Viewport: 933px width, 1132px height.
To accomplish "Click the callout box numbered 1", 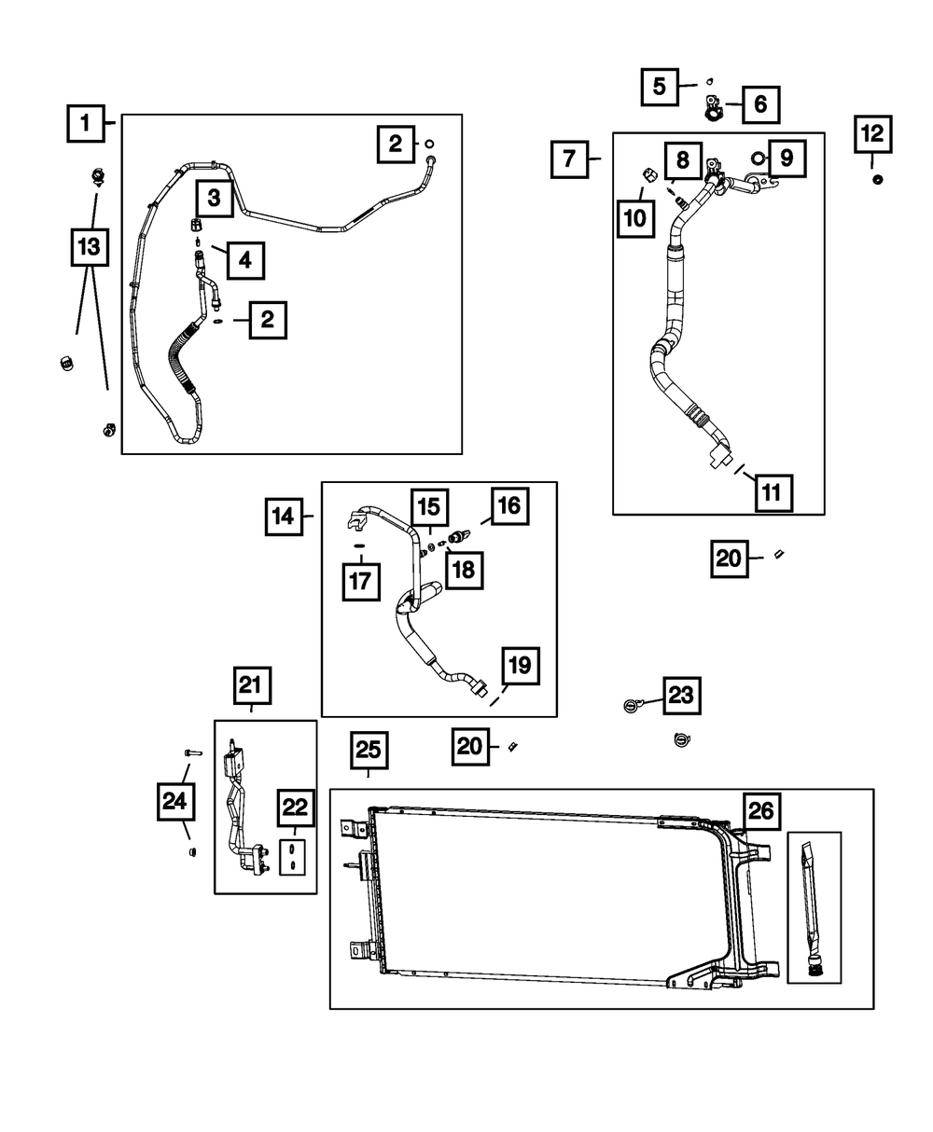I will click(x=86, y=122).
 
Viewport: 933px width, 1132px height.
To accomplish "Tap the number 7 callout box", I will click(x=569, y=159).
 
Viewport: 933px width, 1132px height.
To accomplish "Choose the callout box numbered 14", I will click(x=284, y=516).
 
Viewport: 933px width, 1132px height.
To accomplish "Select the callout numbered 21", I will click(x=249, y=685).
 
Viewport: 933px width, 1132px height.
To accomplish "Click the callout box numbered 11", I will click(x=773, y=492).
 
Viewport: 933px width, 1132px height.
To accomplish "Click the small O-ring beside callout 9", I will click(x=759, y=158).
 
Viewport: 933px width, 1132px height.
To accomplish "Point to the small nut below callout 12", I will click(x=877, y=179).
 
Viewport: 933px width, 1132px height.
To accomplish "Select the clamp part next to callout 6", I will click(x=714, y=110).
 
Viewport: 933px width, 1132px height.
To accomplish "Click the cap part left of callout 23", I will click(x=631, y=705).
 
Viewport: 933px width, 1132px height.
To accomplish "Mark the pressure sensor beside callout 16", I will click(x=459, y=538).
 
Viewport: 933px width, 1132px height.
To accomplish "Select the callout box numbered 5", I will click(x=660, y=88).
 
